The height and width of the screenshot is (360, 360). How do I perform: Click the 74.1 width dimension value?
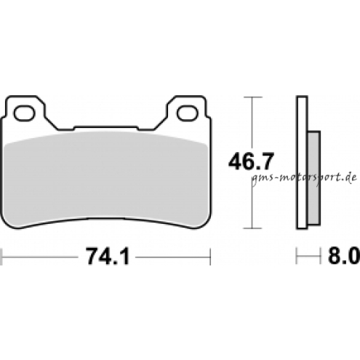pyautogui.click(x=108, y=256)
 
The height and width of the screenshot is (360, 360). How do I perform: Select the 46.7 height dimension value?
pyautogui.click(x=251, y=161)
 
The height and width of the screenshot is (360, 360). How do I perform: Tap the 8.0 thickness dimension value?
pyautogui.click(x=344, y=256)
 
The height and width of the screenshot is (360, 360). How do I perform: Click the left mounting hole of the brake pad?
pyautogui.click(x=24, y=113)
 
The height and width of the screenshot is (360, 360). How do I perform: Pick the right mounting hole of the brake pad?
pyautogui.click(x=188, y=113)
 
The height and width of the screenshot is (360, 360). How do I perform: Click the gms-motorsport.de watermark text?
pyautogui.click(x=304, y=178)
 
